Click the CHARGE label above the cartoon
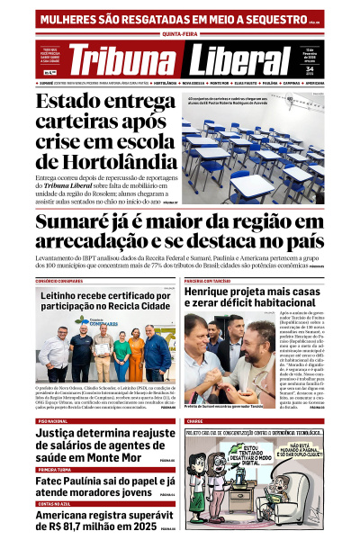click(x=194, y=421)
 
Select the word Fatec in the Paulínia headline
click(x=54, y=481)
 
